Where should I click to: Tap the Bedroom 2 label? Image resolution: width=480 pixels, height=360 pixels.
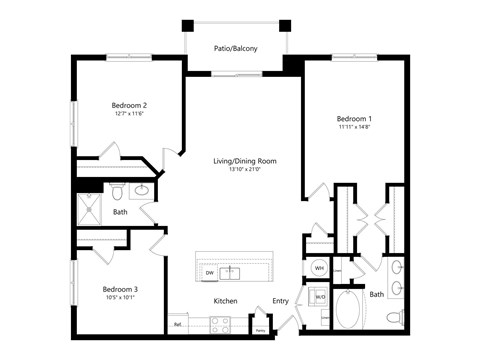pyautogui.click(x=129, y=105)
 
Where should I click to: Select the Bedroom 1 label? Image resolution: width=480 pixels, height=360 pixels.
pyautogui.click(x=353, y=118)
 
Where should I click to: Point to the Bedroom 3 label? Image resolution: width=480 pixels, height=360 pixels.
pyautogui.click(x=120, y=289)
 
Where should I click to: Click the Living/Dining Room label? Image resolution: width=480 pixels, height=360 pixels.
pyautogui.click(x=244, y=161)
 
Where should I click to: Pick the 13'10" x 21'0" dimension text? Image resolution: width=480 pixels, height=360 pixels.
pyautogui.click(x=244, y=170)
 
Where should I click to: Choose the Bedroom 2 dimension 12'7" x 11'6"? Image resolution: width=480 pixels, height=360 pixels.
pyautogui.click(x=129, y=114)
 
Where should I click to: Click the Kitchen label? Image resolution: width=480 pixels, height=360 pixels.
pyautogui.click(x=225, y=301)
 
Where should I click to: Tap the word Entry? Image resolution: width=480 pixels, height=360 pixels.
pyautogui.click(x=280, y=301)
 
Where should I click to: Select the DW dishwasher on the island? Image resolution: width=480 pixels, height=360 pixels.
pyautogui.click(x=210, y=272)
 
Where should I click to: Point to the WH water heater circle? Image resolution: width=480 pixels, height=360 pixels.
pyautogui.click(x=320, y=268)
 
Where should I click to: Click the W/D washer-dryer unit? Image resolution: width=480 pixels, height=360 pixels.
pyautogui.click(x=320, y=296)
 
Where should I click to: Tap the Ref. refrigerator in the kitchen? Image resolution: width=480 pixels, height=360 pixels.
pyautogui.click(x=178, y=323)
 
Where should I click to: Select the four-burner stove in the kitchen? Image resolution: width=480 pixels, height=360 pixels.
pyautogui.click(x=220, y=323)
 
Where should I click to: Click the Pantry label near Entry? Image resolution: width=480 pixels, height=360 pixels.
pyautogui.click(x=260, y=329)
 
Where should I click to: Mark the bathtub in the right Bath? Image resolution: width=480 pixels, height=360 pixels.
pyautogui.click(x=351, y=310)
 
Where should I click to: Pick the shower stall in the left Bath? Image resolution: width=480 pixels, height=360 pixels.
pyautogui.click(x=91, y=212)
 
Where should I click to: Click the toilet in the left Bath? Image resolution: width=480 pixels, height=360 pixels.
pyautogui.click(x=117, y=191)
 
